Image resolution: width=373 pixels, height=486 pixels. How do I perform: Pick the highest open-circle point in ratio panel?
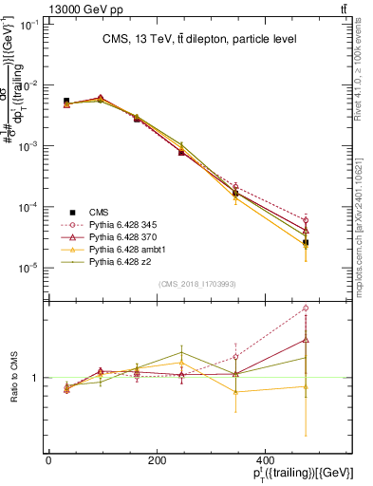(306, 308)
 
